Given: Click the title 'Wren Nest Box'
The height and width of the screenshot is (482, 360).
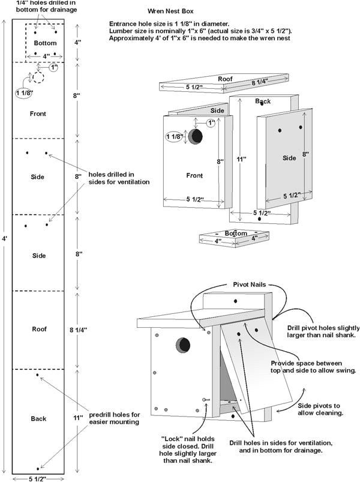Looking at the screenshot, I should click(170, 11).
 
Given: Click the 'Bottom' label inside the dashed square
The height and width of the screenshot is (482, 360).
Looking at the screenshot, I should click(45, 43).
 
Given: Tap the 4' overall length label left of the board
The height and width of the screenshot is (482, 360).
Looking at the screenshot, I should click(5, 238).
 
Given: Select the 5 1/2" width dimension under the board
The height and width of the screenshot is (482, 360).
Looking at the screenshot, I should click(38, 478).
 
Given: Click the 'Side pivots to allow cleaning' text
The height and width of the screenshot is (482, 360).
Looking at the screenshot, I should click(319, 409).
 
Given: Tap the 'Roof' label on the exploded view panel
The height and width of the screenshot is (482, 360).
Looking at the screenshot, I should click(225, 79).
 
